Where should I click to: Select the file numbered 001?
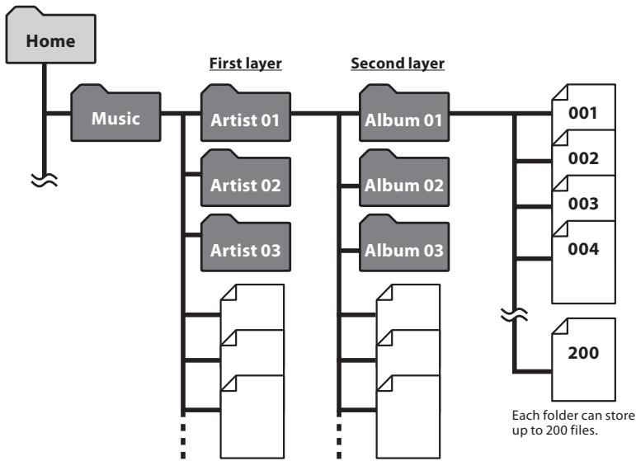[x=582, y=112]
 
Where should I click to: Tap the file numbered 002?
[x=582, y=158]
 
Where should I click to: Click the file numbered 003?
[x=582, y=203]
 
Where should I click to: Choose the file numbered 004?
[x=582, y=248]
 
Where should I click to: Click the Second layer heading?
[x=398, y=63]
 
